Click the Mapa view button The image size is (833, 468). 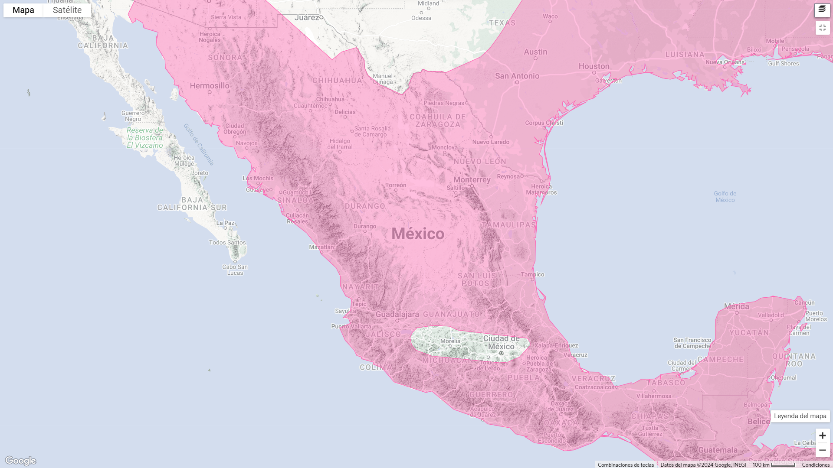23,10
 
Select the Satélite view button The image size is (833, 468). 67,10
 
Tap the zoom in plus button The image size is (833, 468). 822,435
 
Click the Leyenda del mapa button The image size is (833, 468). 800,416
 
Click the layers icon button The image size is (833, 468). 822,10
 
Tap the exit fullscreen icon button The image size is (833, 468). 822,28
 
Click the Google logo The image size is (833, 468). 20,460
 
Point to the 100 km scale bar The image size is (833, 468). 774,465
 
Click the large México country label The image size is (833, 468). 418,234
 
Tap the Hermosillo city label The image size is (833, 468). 210,86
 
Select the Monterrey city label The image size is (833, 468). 472,180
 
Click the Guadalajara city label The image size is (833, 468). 397,315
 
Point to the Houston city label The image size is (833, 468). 594,66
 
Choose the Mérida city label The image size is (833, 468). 736,307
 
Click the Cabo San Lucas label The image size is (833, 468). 235,270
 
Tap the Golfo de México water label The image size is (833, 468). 725,197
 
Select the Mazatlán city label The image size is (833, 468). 321,247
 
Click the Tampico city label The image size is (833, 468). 532,274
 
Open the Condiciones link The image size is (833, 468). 815,465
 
